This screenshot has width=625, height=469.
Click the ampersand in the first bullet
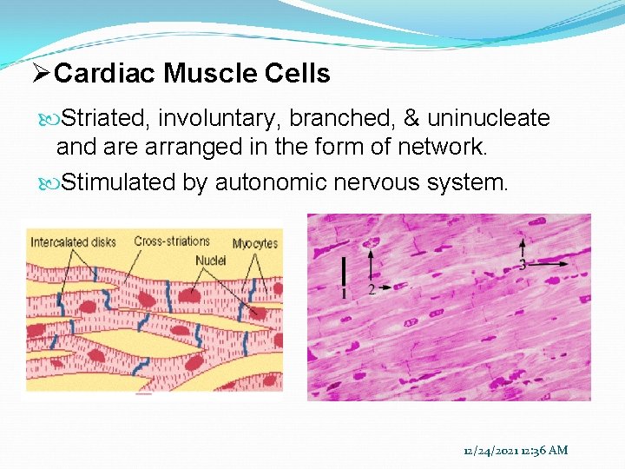(x=411, y=118)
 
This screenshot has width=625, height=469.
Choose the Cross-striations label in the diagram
(x=171, y=241)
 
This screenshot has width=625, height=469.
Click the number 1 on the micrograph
(x=344, y=294)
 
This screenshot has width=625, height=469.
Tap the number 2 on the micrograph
(x=371, y=289)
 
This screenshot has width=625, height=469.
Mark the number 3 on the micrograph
(x=522, y=265)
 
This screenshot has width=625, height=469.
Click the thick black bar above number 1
(x=345, y=271)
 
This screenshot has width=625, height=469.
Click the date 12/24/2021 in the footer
(x=491, y=450)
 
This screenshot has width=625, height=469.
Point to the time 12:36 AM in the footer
(x=544, y=450)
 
